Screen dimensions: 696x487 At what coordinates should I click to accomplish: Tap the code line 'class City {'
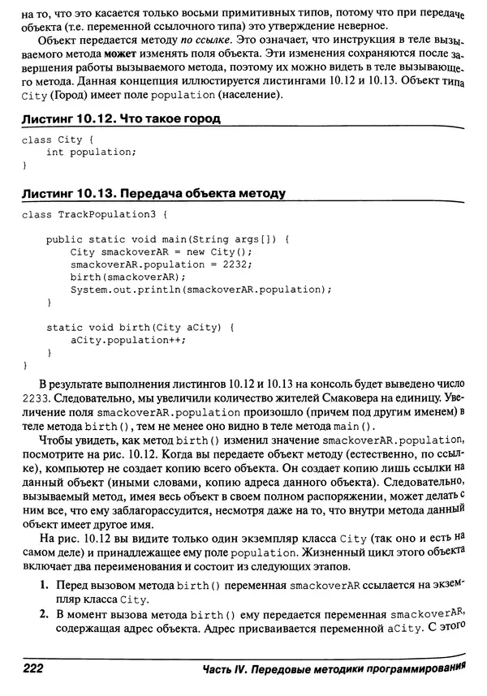[54, 139]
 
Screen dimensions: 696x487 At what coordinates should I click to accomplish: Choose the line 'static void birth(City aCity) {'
[140, 328]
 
